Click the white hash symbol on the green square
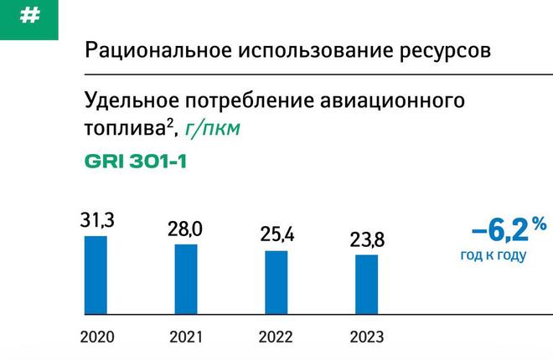pos(29,16)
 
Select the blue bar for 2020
pos(96,275)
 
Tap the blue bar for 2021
pos(186,279)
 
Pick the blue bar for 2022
pos(276,282)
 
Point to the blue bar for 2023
pos(366,285)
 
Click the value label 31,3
pos(97,220)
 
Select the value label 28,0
pos(185,229)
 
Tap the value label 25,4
pos(276,234)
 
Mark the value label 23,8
pos(367,240)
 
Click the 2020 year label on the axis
pos(97,337)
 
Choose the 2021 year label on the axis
pos(186,337)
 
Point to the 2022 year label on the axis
pos(276,337)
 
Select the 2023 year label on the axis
pos(367,337)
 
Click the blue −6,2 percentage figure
pos(509,230)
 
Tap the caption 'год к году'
pos(493,255)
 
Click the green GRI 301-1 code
pos(136,162)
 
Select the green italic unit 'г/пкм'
pos(212,129)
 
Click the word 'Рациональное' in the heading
pos(158,50)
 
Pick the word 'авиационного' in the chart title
pos(392,101)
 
